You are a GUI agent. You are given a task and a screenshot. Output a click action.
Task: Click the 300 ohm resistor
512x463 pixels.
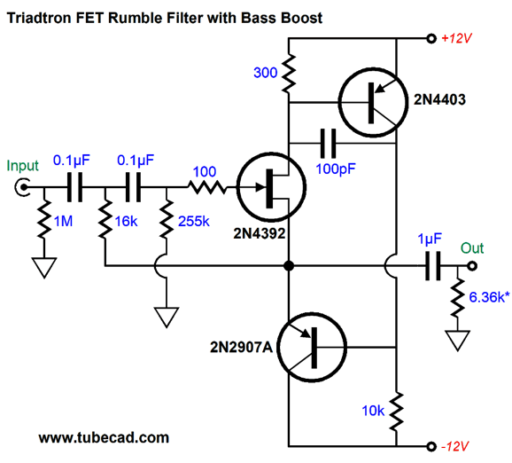(x=289, y=72)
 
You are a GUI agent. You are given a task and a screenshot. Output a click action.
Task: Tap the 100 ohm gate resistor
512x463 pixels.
(x=206, y=187)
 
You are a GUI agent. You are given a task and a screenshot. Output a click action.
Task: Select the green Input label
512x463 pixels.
(x=24, y=166)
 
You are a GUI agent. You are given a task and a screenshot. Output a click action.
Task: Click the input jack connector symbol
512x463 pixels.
(x=24, y=187)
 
